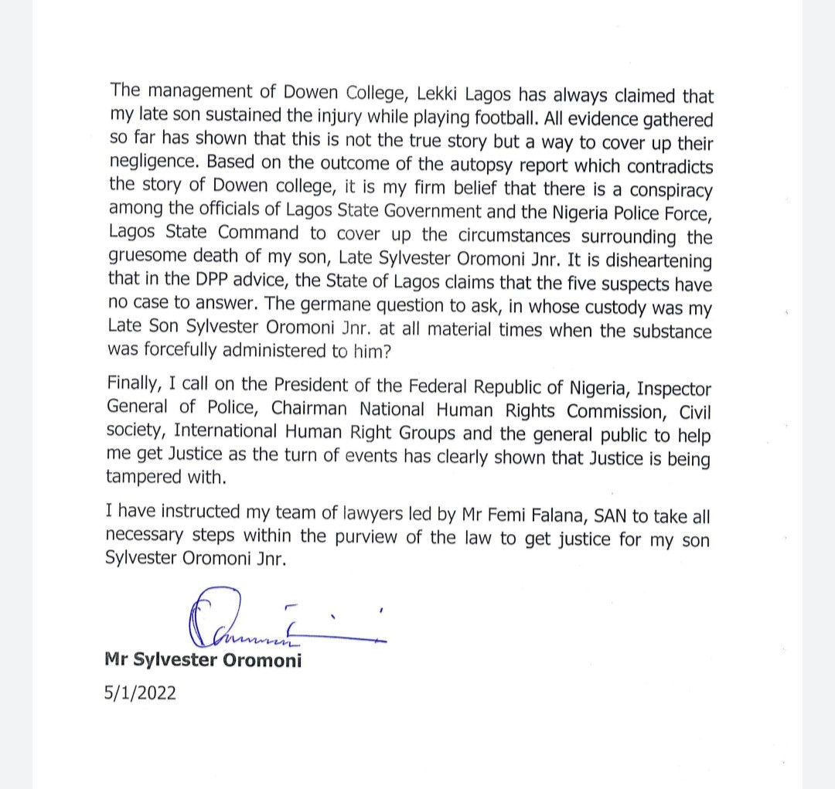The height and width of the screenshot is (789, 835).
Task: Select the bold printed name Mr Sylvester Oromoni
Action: point(203,661)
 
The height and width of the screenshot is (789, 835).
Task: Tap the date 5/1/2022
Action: point(140,692)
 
